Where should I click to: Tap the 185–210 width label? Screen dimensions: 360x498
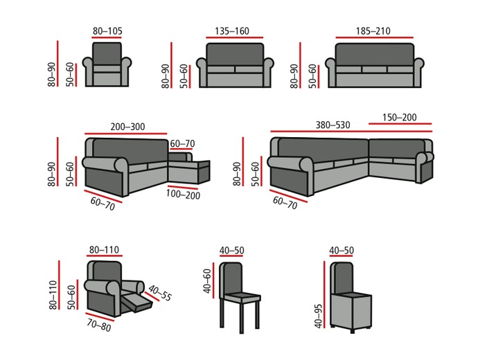[x=374, y=31]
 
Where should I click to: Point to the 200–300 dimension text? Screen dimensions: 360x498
[x=127, y=126]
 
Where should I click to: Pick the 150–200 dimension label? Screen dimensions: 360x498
[x=398, y=117]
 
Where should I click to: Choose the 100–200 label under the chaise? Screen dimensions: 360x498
[x=184, y=195]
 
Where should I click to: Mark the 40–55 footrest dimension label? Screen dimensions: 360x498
[x=159, y=294]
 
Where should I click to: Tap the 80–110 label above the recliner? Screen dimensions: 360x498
[x=105, y=250]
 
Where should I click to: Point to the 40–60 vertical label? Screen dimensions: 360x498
[x=207, y=281]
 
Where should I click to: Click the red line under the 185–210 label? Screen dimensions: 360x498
[x=374, y=39]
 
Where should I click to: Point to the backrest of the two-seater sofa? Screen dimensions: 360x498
[x=235, y=54]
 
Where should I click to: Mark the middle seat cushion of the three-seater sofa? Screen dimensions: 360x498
[x=373, y=69]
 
